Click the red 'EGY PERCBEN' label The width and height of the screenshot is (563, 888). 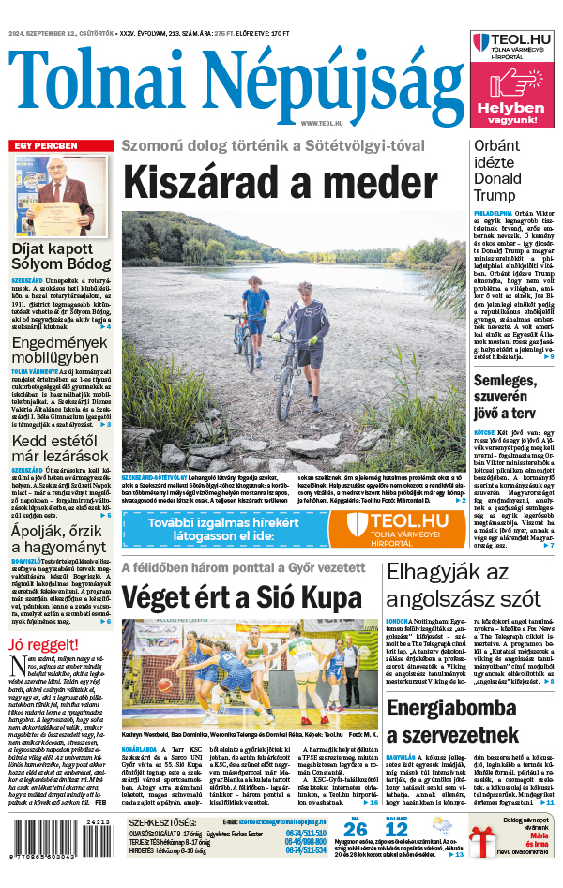(x=45, y=145)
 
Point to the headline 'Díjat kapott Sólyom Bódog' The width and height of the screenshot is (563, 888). (x=61, y=257)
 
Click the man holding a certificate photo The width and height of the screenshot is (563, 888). (x=61, y=195)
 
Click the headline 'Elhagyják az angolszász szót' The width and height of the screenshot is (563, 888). (x=463, y=584)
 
